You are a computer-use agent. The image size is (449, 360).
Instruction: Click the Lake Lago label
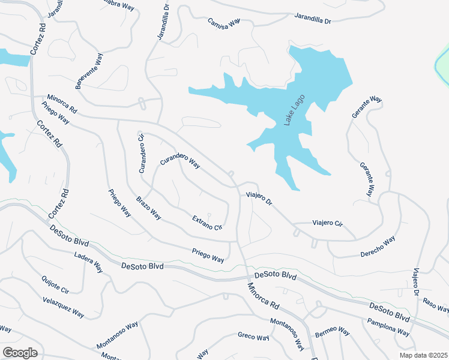point(295,110)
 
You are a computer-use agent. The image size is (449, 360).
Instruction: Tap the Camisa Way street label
point(224,22)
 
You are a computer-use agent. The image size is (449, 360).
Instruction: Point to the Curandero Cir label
point(142,154)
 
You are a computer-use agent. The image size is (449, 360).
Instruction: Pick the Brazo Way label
point(149,206)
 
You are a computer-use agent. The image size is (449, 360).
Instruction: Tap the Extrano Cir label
point(207,223)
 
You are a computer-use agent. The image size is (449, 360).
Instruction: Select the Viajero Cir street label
point(327,223)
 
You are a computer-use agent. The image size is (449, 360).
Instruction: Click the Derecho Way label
point(378,246)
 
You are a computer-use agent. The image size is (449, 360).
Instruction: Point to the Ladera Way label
point(88,263)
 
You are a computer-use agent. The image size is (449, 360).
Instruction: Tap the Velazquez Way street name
point(64,307)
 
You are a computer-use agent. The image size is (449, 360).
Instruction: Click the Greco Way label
point(253,337)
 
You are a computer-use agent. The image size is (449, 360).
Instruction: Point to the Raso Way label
point(436,305)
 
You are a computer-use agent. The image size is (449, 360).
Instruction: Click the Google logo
point(20,353)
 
